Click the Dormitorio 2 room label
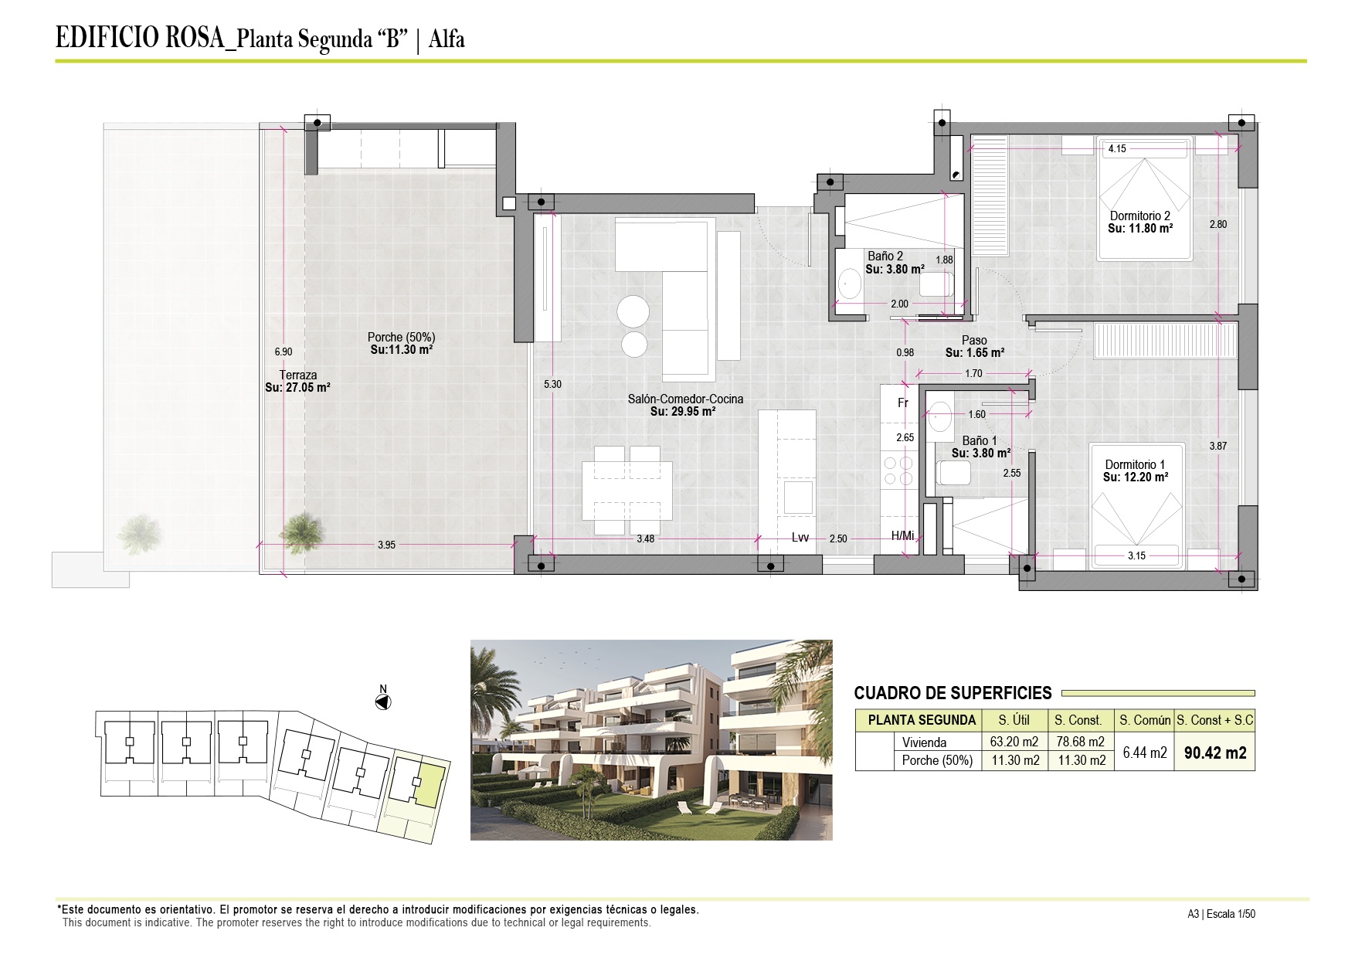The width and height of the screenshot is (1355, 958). (1140, 216)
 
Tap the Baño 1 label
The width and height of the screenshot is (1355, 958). (980, 441)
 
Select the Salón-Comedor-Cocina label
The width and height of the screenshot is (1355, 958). (685, 399)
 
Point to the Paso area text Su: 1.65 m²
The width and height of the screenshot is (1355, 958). (975, 352)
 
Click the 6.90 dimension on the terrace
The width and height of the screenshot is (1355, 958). (284, 352)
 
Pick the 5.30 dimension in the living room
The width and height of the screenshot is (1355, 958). (552, 384)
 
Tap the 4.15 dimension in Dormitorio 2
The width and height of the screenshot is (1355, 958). (1117, 149)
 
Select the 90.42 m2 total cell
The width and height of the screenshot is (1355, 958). (1215, 753)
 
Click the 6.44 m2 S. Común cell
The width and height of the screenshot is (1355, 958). (1145, 752)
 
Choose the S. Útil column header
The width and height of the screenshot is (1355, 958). (1014, 720)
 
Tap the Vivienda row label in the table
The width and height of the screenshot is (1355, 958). (924, 742)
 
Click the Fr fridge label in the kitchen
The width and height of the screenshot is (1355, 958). (903, 403)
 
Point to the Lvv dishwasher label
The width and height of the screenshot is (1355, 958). (800, 538)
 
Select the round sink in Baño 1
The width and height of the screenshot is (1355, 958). (939, 419)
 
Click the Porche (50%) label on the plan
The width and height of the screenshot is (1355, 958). (401, 337)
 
